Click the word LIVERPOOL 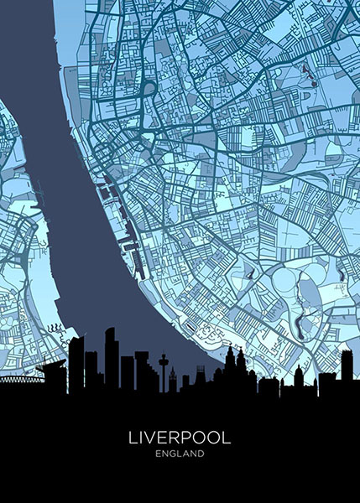180,438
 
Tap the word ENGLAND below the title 180,454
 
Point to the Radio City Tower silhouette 163,369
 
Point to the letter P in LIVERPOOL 186,438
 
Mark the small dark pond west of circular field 248,274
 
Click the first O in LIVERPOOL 200,438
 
